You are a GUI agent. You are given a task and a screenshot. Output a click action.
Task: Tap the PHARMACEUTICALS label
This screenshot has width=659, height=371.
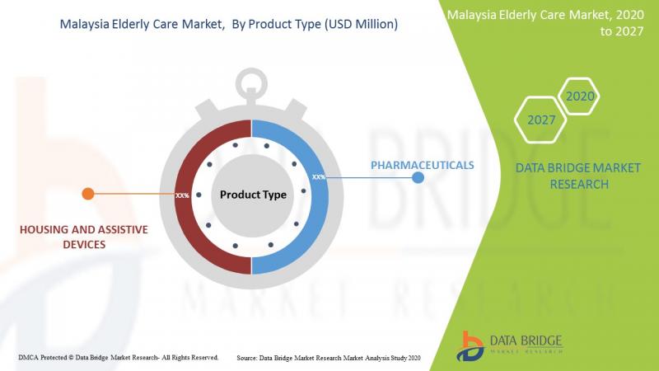click(x=422, y=166)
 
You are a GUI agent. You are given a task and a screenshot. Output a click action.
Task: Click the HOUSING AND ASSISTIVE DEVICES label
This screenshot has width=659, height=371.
click(x=84, y=237)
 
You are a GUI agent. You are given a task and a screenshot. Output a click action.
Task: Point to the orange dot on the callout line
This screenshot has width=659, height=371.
click(x=88, y=194)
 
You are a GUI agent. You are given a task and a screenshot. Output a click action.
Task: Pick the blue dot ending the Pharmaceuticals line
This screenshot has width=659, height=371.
click(x=418, y=177)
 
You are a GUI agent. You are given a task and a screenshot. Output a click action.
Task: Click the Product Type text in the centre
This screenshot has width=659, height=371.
click(x=253, y=195)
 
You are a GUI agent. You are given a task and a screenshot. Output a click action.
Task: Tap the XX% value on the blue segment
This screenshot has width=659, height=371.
click(x=319, y=177)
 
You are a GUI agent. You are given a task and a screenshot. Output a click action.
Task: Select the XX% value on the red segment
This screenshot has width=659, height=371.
click(x=182, y=195)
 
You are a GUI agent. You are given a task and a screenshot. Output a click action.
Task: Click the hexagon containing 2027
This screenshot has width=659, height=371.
click(x=540, y=120)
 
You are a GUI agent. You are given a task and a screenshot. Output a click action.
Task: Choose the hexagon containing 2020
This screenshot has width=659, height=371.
click(x=580, y=96)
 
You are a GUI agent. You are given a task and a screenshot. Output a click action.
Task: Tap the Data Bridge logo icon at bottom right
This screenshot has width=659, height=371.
click(x=470, y=346)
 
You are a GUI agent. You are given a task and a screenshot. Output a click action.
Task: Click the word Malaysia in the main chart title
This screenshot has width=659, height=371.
click(x=85, y=25)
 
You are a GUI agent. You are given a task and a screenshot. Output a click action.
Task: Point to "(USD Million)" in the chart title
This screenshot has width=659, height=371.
click(x=361, y=24)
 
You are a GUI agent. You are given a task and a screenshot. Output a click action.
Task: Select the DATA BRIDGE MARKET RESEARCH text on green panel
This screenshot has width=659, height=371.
click(x=578, y=176)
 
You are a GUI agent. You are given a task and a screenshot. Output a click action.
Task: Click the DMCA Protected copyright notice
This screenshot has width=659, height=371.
click(x=118, y=358)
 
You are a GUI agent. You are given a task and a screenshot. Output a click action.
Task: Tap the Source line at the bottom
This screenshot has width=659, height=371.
click(x=328, y=358)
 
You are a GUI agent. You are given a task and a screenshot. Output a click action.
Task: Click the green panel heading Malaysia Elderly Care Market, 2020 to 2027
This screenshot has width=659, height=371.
click(x=545, y=23)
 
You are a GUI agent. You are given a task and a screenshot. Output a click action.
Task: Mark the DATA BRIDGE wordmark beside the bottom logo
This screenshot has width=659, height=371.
click(x=526, y=340)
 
